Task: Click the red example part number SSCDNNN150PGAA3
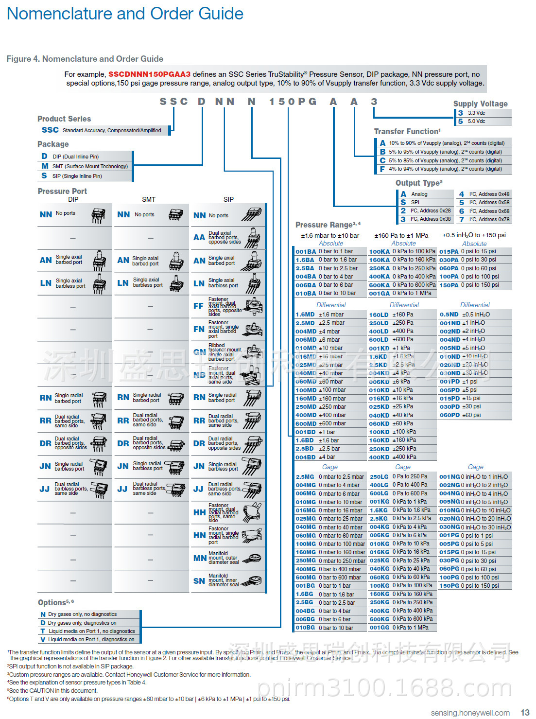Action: (149, 74)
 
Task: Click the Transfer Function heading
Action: (407, 131)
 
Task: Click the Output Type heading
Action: (419, 183)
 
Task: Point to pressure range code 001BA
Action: (306, 252)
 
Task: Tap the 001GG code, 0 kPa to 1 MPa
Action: (379, 628)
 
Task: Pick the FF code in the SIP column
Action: (198, 306)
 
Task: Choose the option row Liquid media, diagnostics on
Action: (87, 639)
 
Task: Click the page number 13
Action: (525, 712)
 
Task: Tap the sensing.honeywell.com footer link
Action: (470, 713)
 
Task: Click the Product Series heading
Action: (64, 119)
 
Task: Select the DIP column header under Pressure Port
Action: (73, 199)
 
